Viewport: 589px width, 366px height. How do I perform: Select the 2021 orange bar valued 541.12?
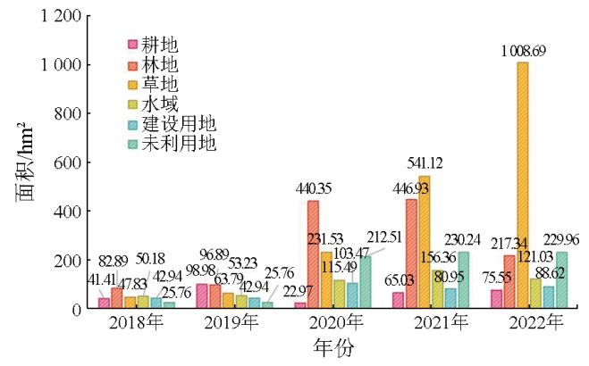click(x=425, y=243)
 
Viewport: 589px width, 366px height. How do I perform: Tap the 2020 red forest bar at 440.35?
click(x=313, y=255)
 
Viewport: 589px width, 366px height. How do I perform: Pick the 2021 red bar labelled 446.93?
click(x=411, y=254)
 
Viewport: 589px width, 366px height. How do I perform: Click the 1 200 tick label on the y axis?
click(x=60, y=16)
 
